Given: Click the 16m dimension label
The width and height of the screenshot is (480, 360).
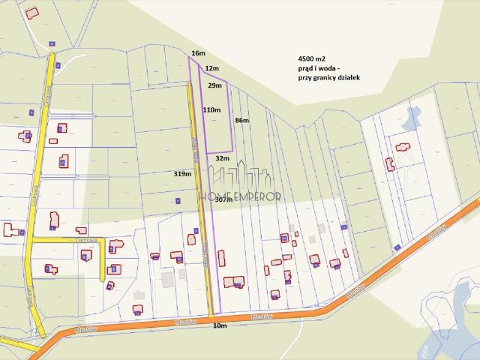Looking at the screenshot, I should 198,53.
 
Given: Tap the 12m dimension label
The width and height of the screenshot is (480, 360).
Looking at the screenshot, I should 211,68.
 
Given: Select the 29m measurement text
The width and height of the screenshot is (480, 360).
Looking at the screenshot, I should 214,86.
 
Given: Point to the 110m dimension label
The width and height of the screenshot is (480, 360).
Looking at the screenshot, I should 211,109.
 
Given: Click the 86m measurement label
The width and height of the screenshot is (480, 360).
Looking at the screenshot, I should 242,120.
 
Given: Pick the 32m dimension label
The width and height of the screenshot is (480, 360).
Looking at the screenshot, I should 222,158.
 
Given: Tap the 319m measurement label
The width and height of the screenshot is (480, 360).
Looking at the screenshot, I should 182,173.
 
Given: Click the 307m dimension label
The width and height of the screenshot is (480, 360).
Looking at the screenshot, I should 223,200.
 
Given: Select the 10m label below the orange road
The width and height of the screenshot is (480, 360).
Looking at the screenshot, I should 220,326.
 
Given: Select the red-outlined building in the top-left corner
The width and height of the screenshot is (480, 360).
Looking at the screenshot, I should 31,13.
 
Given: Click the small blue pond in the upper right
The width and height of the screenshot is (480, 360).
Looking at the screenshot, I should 410,116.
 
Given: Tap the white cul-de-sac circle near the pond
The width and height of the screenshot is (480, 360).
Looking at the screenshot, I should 405,161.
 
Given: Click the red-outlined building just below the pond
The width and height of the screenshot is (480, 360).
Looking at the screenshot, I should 403,147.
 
